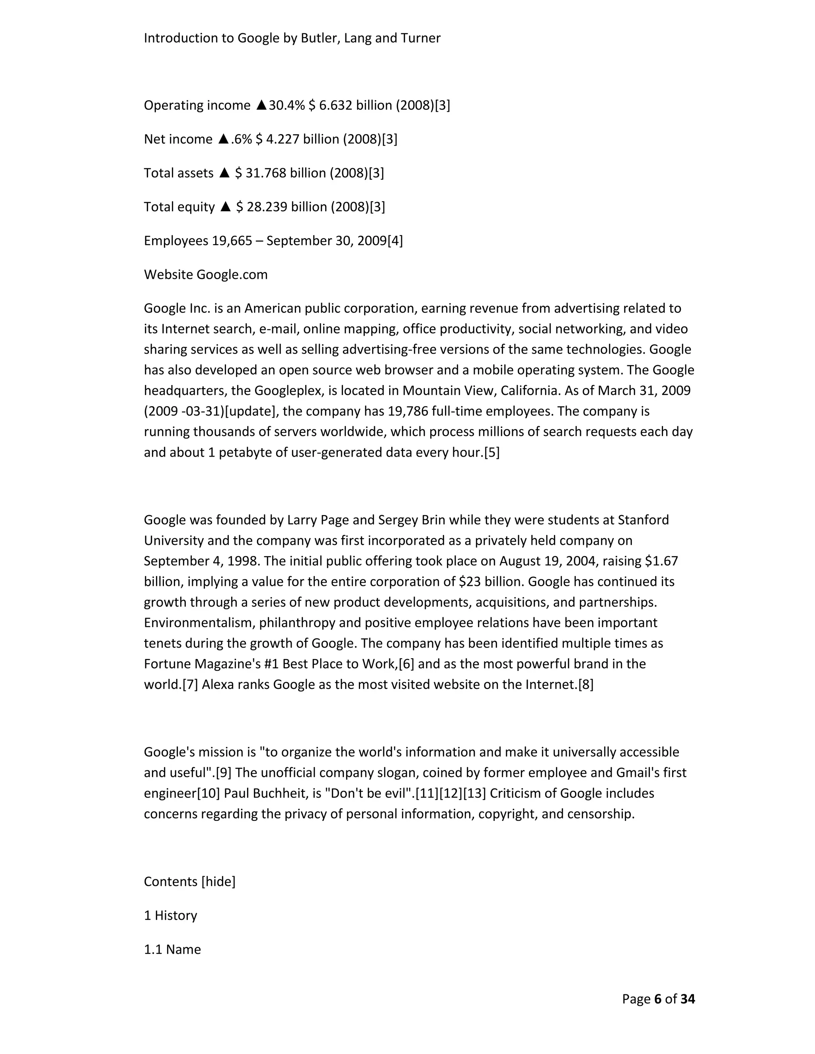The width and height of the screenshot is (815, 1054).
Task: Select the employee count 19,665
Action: tap(232, 240)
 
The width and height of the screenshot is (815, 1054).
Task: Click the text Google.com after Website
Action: tap(232, 274)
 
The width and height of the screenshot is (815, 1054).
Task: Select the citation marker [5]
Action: tap(491, 452)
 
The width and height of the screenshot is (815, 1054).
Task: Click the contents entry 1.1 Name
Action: tap(172, 949)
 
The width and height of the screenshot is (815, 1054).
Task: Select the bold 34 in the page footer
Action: tap(688, 998)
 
